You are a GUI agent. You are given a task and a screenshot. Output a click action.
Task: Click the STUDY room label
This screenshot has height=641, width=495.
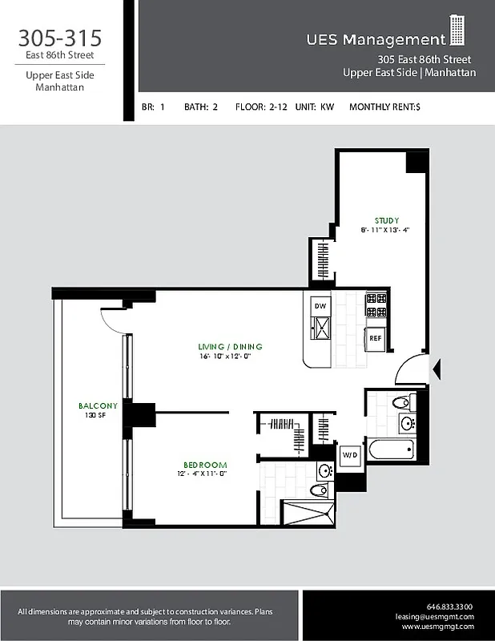pos(386,220)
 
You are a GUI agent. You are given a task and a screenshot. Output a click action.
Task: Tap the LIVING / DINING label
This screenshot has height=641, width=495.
pos(231,347)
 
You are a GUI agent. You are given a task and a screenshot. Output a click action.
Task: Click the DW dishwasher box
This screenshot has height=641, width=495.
pos(320,306)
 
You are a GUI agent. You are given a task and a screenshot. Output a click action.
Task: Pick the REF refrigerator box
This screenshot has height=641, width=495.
pos(376,338)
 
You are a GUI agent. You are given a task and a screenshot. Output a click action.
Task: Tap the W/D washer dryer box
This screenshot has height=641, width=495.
pos(350,456)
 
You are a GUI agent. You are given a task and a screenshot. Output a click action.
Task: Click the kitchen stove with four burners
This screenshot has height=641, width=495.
pos(376,305)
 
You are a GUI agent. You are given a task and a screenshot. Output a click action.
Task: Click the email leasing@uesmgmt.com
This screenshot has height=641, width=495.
pos(435,617)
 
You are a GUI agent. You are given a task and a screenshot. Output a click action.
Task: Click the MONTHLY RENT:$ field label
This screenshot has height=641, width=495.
pos(384,106)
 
